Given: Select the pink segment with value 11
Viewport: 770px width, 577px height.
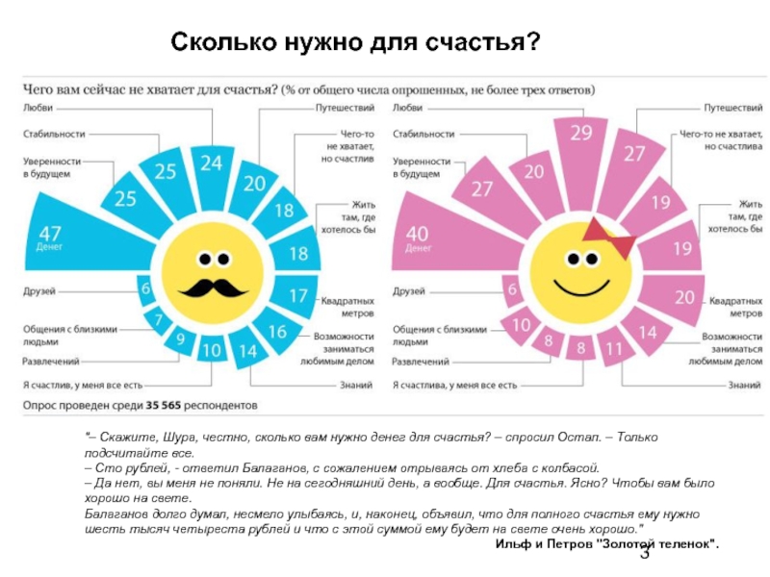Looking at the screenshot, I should [614, 349].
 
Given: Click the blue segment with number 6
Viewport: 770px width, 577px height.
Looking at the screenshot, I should [144, 288].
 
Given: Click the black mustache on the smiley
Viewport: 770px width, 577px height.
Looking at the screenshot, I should [211, 287].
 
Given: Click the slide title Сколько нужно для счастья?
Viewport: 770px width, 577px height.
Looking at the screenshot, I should [356, 43].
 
